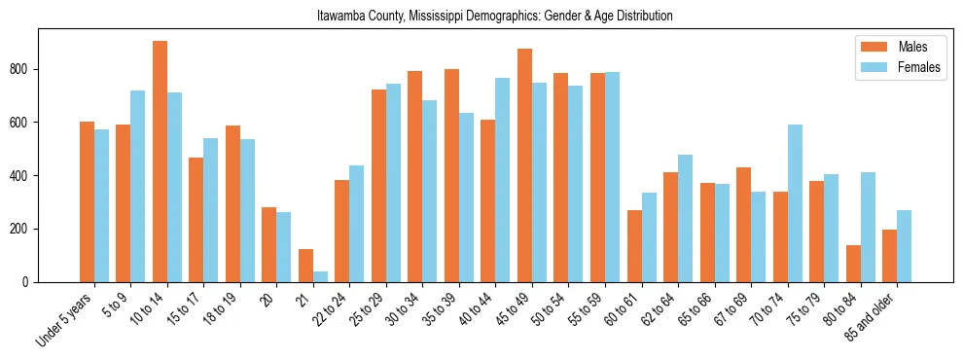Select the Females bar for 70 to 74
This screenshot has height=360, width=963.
pos(795,203)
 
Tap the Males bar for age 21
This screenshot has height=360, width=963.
pos(305,266)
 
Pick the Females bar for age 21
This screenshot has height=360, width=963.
pos(320,276)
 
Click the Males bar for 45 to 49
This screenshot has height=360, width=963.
pos(524,165)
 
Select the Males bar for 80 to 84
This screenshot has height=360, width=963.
pos(853,264)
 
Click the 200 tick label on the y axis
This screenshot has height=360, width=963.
pos(24,229)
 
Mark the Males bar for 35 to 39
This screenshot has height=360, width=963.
pos(451,175)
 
